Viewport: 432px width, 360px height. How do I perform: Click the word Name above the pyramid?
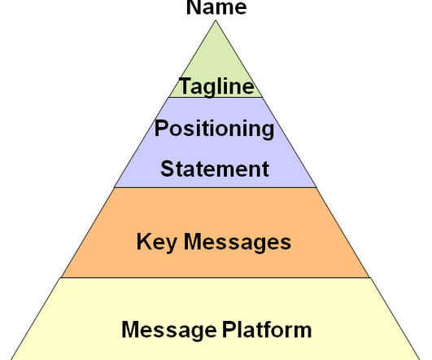(216, 7)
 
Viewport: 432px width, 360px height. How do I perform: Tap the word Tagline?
(216, 86)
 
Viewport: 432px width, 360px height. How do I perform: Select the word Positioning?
(214, 130)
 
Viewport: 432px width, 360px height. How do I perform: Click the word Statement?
(215, 169)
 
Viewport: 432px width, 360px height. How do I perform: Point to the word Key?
(156, 243)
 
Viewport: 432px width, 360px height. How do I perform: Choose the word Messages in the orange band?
(238, 243)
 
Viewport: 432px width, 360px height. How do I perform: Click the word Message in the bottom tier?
(169, 331)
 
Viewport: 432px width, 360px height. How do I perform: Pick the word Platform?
(267, 329)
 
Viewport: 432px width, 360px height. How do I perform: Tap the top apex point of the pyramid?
(216, 20)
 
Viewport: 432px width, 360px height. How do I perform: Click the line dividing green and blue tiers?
(216, 97)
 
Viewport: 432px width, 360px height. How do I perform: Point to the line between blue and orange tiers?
(216, 187)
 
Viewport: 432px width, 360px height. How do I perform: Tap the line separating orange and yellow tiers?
(216, 278)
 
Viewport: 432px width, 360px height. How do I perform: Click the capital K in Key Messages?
(144, 241)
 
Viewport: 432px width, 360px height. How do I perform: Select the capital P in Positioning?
(161, 128)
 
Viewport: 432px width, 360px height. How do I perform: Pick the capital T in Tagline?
(185, 86)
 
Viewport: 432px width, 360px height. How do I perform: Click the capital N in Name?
(194, 7)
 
